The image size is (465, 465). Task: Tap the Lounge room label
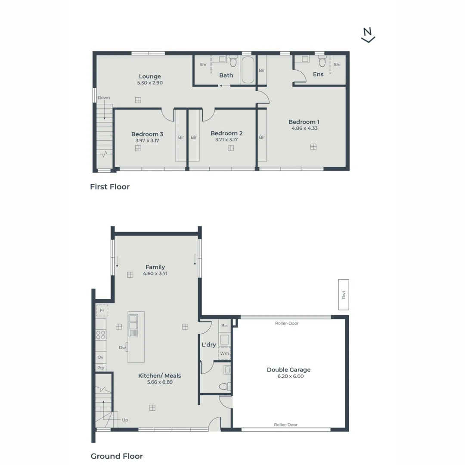click(x=150, y=77)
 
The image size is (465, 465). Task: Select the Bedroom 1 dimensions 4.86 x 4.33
click(x=304, y=128)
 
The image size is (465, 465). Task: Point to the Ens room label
click(x=318, y=74)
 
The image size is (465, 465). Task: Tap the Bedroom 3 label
click(x=147, y=134)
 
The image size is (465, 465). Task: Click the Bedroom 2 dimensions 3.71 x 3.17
click(x=226, y=139)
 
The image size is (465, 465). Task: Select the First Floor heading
click(x=110, y=187)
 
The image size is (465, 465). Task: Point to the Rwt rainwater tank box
click(x=344, y=294)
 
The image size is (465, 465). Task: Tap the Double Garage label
click(x=288, y=370)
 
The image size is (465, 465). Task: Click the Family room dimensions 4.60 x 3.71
click(x=155, y=273)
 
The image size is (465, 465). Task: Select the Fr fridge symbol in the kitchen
click(x=102, y=310)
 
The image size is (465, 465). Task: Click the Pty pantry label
click(x=101, y=368)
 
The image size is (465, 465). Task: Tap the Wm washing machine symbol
click(x=224, y=353)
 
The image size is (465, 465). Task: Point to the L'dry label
click(x=209, y=345)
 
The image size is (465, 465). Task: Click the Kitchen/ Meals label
click(x=159, y=376)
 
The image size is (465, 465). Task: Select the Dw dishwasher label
click(x=122, y=347)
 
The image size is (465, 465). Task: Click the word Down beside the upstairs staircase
click(x=104, y=98)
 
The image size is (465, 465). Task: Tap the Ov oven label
click(x=101, y=357)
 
